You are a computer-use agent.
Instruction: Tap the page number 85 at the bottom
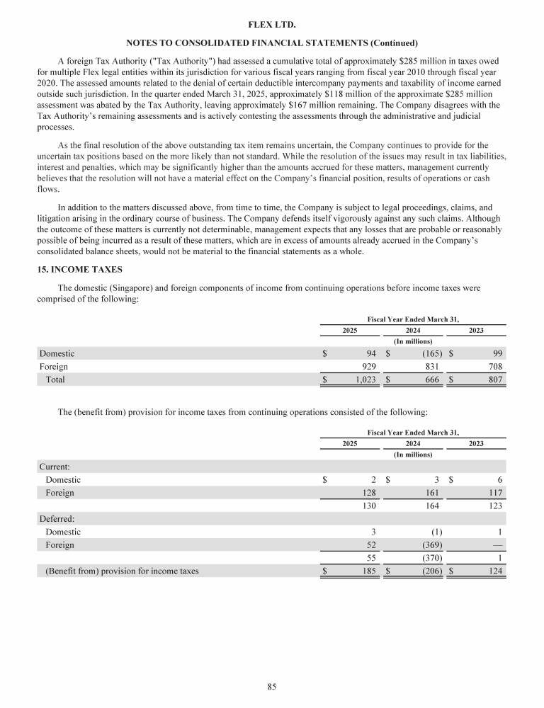[x=271, y=686]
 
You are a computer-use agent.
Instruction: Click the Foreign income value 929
[x=365, y=367]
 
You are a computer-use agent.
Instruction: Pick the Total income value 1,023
[x=361, y=380]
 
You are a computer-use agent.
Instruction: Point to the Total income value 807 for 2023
[x=495, y=380]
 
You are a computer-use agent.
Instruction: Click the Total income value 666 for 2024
[x=431, y=380]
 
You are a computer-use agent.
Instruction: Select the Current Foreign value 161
[x=431, y=493]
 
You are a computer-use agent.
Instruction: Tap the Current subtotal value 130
[x=367, y=506]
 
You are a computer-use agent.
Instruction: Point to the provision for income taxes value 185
[x=367, y=571]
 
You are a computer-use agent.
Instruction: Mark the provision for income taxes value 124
[x=494, y=571]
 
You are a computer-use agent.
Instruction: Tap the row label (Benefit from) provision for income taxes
[x=122, y=571]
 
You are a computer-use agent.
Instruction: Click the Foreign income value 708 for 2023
[x=494, y=367]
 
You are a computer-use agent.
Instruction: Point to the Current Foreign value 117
[x=495, y=493]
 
